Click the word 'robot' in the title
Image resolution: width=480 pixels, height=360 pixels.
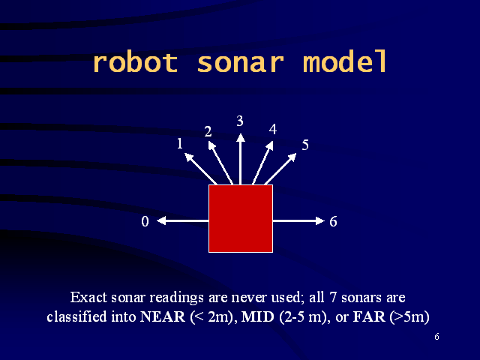pyautogui.click(x=135, y=62)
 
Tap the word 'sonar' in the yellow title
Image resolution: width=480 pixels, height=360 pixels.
pyautogui.click(x=240, y=64)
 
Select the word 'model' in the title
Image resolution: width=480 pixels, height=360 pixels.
pyautogui.click(x=345, y=61)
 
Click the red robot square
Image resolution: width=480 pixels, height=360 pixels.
pyautogui.click(x=241, y=218)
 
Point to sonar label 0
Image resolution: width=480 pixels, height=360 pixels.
pyautogui.click(x=145, y=221)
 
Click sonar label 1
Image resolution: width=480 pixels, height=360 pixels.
pyautogui.click(x=180, y=143)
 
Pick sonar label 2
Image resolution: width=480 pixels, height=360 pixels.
pyautogui.click(x=208, y=132)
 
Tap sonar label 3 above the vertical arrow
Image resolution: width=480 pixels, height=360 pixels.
pyautogui.click(x=240, y=121)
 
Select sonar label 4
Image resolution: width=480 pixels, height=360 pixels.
pyautogui.click(x=273, y=129)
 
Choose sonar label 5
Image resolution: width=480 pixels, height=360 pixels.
pyautogui.click(x=305, y=145)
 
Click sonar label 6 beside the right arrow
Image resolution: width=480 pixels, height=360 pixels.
pyautogui.click(x=333, y=221)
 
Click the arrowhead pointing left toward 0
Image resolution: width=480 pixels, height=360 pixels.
pyautogui.click(x=161, y=220)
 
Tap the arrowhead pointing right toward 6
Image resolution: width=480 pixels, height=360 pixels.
pyautogui.click(x=320, y=220)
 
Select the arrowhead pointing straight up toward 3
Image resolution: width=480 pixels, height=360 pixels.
pyautogui.click(x=241, y=138)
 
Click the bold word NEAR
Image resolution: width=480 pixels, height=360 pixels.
pyautogui.click(x=163, y=316)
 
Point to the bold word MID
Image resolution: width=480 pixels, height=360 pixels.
pyautogui.click(x=257, y=316)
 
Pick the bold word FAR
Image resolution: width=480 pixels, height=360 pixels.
pyautogui.click(x=369, y=316)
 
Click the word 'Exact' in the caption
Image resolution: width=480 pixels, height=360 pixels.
pyautogui.click(x=88, y=297)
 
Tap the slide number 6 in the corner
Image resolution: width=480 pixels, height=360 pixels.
pyautogui.click(x=436, y=337)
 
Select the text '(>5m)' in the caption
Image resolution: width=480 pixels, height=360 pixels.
pyautogui.click(x=409, y=316)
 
